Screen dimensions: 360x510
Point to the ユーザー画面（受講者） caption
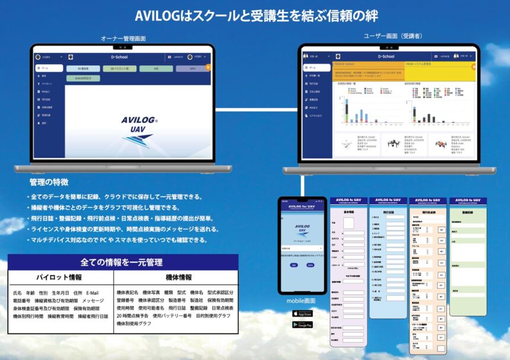point(393,36)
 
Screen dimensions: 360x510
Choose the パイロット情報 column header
point(59,277)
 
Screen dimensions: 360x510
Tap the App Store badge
point(302,314)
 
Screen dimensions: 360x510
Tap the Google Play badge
point(302,324)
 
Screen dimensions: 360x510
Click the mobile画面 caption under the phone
point(301,301)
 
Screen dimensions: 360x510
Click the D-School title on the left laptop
point(120,58)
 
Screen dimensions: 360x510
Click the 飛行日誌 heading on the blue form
point(388,211)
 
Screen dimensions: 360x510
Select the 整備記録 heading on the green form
point(468,212)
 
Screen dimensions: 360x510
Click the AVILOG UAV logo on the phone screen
point(302,227)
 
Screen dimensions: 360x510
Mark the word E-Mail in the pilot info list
point(92,293)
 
